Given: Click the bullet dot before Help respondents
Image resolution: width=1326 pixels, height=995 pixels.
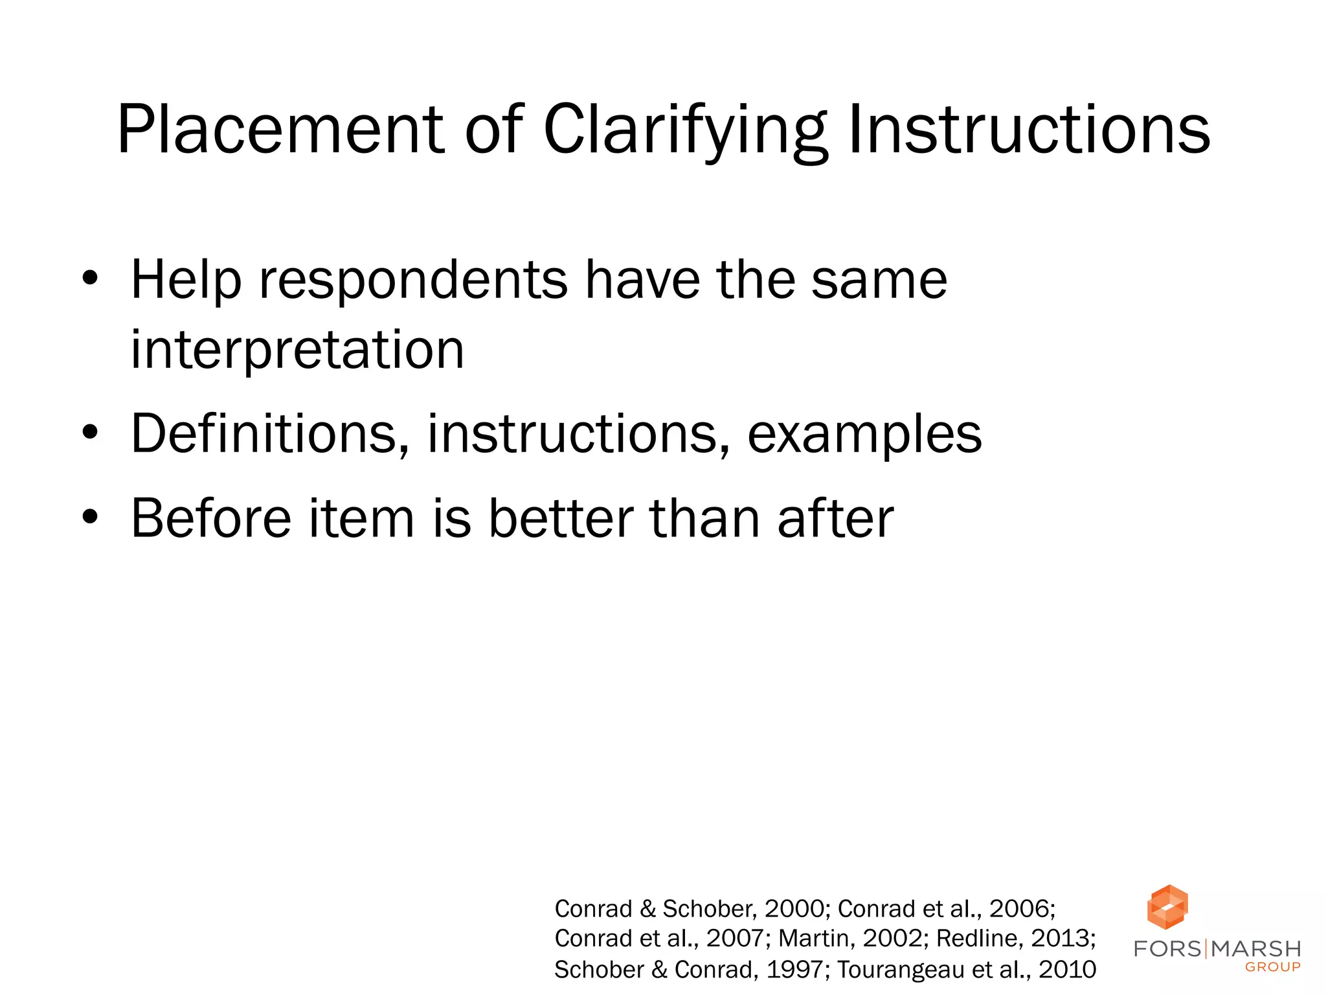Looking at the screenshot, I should coord(91,280).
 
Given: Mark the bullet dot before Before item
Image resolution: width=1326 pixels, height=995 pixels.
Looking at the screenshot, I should coord(91,518).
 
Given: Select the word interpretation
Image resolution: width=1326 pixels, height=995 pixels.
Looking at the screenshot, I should coord(297,350).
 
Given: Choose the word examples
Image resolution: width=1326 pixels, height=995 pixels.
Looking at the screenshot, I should coord(864,434).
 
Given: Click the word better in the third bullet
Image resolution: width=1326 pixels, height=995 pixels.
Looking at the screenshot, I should coord(561,518).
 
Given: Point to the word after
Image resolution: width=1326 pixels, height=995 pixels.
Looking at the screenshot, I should coord(835,518).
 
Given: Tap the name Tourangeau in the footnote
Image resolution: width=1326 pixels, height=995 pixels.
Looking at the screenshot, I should coord(900,970).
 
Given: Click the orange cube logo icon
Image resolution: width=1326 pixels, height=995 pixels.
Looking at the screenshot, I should coord(1167,906).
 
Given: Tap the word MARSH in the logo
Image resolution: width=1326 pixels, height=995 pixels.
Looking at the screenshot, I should coord(1256,949).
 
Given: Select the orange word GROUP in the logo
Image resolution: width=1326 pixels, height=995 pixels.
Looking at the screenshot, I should coord(1272,967).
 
